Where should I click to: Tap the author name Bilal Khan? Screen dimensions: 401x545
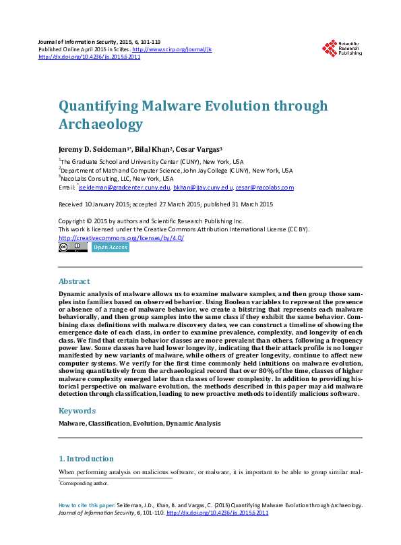pyautogui.click(x=152, y=148)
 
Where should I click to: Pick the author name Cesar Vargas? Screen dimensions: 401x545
pyautogui.click(x=199, y=148)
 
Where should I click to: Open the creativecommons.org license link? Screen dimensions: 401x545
pyautogui.click(x=121, y=237)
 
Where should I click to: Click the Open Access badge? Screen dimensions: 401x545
pyautogui.click(x=110, y=248)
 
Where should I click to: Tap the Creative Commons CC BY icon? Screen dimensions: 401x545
pyautogui.click(x=73, y=248)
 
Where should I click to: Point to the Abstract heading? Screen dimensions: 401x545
pyautogui.click(x=74, y=281)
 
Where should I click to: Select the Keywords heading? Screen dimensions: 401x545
pyautogui.click(x=77, y=410)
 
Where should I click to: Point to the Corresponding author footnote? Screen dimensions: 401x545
pyautogui.click(x=84, y=483)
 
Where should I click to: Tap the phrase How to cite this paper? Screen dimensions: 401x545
pyautogui.click(x=86, y=505)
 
